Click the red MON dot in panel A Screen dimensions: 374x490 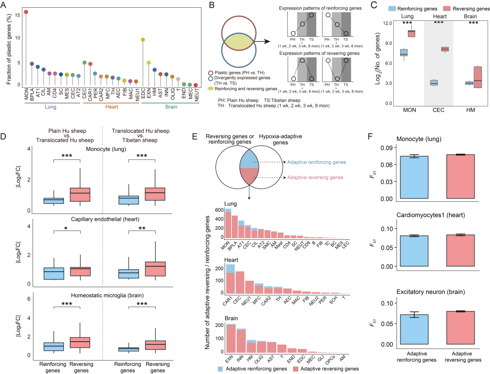[x=26, y=12]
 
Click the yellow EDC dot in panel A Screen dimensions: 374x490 [x=143, y=40]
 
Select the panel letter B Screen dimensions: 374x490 [x=210, y=5]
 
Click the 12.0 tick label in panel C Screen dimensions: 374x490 [x=385, y=23]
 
